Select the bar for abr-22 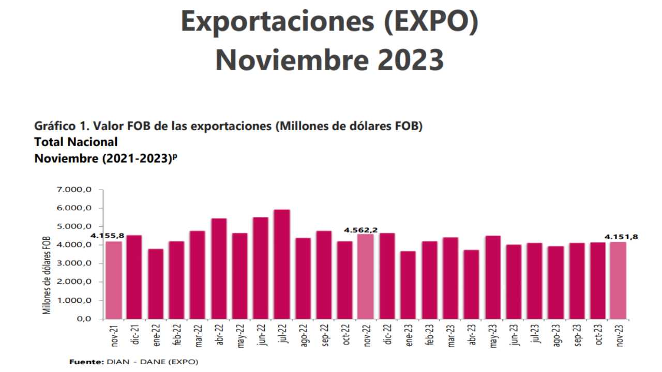pyautogui.click(x=219, y=269)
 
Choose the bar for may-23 pyautogui.click(x=493, y=277)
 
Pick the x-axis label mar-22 pyautogui.click(x=198, y=334)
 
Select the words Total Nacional pyautogui.click(x=76, y=142)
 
